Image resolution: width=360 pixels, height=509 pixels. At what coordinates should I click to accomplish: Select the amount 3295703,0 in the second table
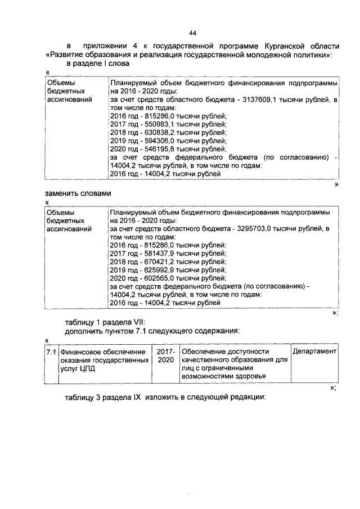tap(258, 229)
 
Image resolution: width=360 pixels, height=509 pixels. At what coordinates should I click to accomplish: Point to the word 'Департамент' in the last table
tap(314, 352)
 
